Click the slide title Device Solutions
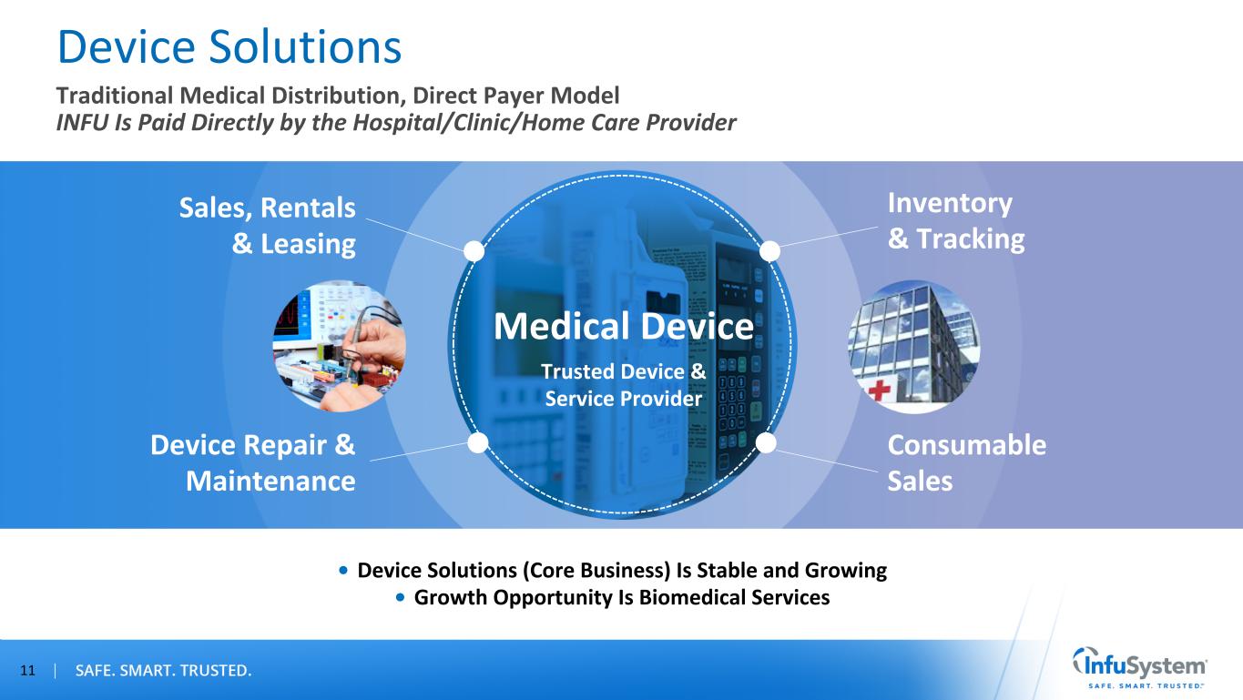click(x=229, y=46)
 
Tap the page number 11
click(x=27, y=671)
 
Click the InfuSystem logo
click(x=1139, y=668)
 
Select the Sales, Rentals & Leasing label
click(x=267, y=226)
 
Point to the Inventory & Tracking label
click(x=955, y=221)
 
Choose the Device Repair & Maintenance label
click(x=253, y=462)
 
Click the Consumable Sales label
click(x=967, y=462)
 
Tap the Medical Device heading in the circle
click(x=624, y=326)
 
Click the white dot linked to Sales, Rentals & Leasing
click(x=474, y=251)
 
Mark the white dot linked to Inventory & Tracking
click(x=769, y=251)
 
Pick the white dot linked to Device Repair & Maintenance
click(x=478, y=442)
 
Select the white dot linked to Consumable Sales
click(x=766, y=442)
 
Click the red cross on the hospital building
click(x=879, y=390)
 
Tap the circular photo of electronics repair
click(x=339, y=346)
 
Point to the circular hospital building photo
click(x=914, y=347)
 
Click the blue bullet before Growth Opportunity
click(x=400, y=597)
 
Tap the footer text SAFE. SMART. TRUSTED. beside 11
click(x=163, y=671)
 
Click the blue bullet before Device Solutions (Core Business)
click(x=343, y=570)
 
